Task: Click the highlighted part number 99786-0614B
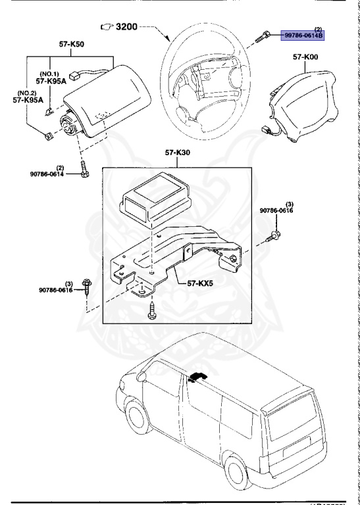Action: (x=303, y=36)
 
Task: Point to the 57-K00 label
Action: (x=306, y=59)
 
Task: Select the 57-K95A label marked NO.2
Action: (x=27, y=101)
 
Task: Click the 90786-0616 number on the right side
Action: (x=276, y=210)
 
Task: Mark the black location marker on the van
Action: (x=197, y=377)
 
